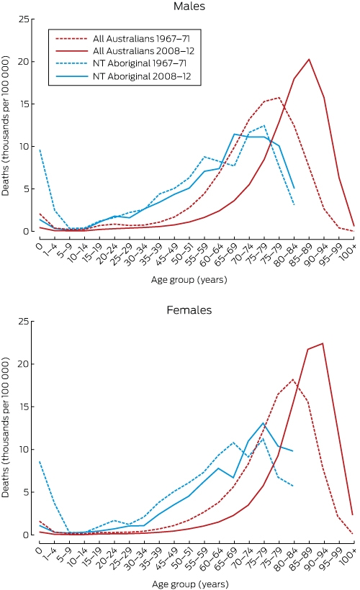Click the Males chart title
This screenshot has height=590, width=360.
[189, 6]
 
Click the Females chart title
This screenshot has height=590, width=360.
[189, 310]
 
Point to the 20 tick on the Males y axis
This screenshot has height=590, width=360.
[23, 61]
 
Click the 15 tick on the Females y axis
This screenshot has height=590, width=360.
[23, 407]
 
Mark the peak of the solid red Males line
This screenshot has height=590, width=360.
[309, 59]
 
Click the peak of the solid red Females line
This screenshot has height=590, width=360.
[323, 343]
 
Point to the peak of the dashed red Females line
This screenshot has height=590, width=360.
[293, 379]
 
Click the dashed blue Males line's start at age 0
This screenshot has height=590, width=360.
[40, 150]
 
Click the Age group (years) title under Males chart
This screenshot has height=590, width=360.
[189, 280]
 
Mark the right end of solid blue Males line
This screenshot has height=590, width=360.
[294, 188]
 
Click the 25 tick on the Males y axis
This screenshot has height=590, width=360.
[23, 19]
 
